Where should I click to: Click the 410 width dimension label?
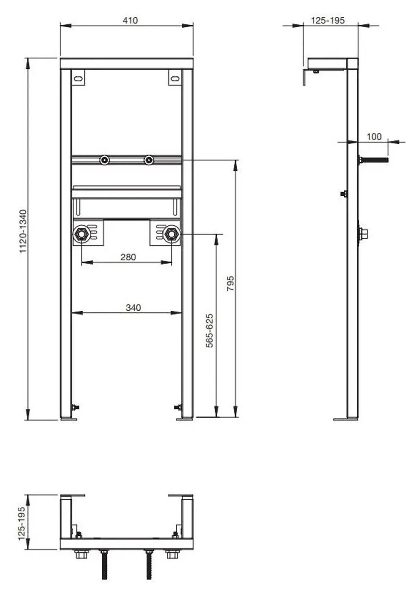130,20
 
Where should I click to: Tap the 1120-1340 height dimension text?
24,231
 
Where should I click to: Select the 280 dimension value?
128,257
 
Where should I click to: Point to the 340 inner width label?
133,308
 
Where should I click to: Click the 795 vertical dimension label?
230,283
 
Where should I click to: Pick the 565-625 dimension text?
210,331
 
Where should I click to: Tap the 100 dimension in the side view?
374,137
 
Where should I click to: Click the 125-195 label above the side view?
327,20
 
